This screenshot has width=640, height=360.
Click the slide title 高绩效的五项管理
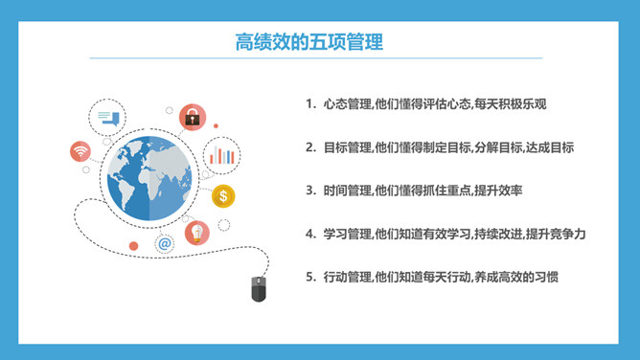point(309,42)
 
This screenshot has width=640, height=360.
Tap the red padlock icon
point(193,118)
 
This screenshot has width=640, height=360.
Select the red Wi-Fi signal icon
point(80,151)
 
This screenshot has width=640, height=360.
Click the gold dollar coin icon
point(223,196)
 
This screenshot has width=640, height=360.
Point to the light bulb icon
point(197,234)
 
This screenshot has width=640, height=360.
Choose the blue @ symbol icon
point(165,244)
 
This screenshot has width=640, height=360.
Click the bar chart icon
point(221,155)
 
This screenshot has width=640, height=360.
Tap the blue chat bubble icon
point(107,118)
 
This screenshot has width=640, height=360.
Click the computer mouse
point(259,288)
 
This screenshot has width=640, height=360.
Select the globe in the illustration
point(149,178)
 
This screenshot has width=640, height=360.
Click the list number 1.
point(310,104)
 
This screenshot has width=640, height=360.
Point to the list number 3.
point(310,191)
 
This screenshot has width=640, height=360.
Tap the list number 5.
point(310,277)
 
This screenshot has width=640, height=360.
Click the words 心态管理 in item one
point(348,104)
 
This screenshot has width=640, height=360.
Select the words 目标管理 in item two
point(348,147)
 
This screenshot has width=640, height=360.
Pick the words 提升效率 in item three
point(499,191)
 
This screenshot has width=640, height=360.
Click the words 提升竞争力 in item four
point(556,234)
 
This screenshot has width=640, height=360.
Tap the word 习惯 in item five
point(546,277)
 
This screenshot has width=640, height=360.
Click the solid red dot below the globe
point(133,246)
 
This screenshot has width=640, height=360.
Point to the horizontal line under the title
point(316,58)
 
